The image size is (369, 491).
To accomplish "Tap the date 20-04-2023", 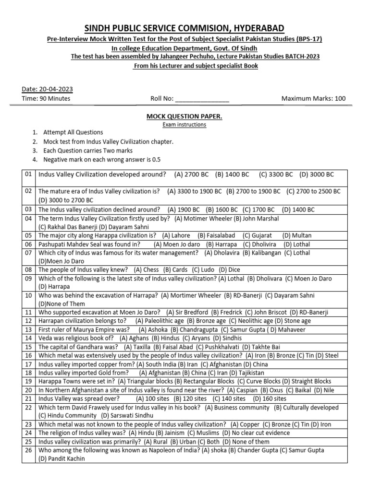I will (x=54, y=89).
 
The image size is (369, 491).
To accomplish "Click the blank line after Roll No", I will (x=202, y=99).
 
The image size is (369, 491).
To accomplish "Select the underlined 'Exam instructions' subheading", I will (x=184, y=125).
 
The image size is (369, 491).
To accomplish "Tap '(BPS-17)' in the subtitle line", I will (x=305, y=39).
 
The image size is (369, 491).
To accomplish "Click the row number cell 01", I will (x=28, y=175).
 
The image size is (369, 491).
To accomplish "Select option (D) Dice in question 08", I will (x=229, y=270).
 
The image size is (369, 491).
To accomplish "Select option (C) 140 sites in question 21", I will (x=229, y=398).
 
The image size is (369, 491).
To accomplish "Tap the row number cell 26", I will (x=28, y=450).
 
